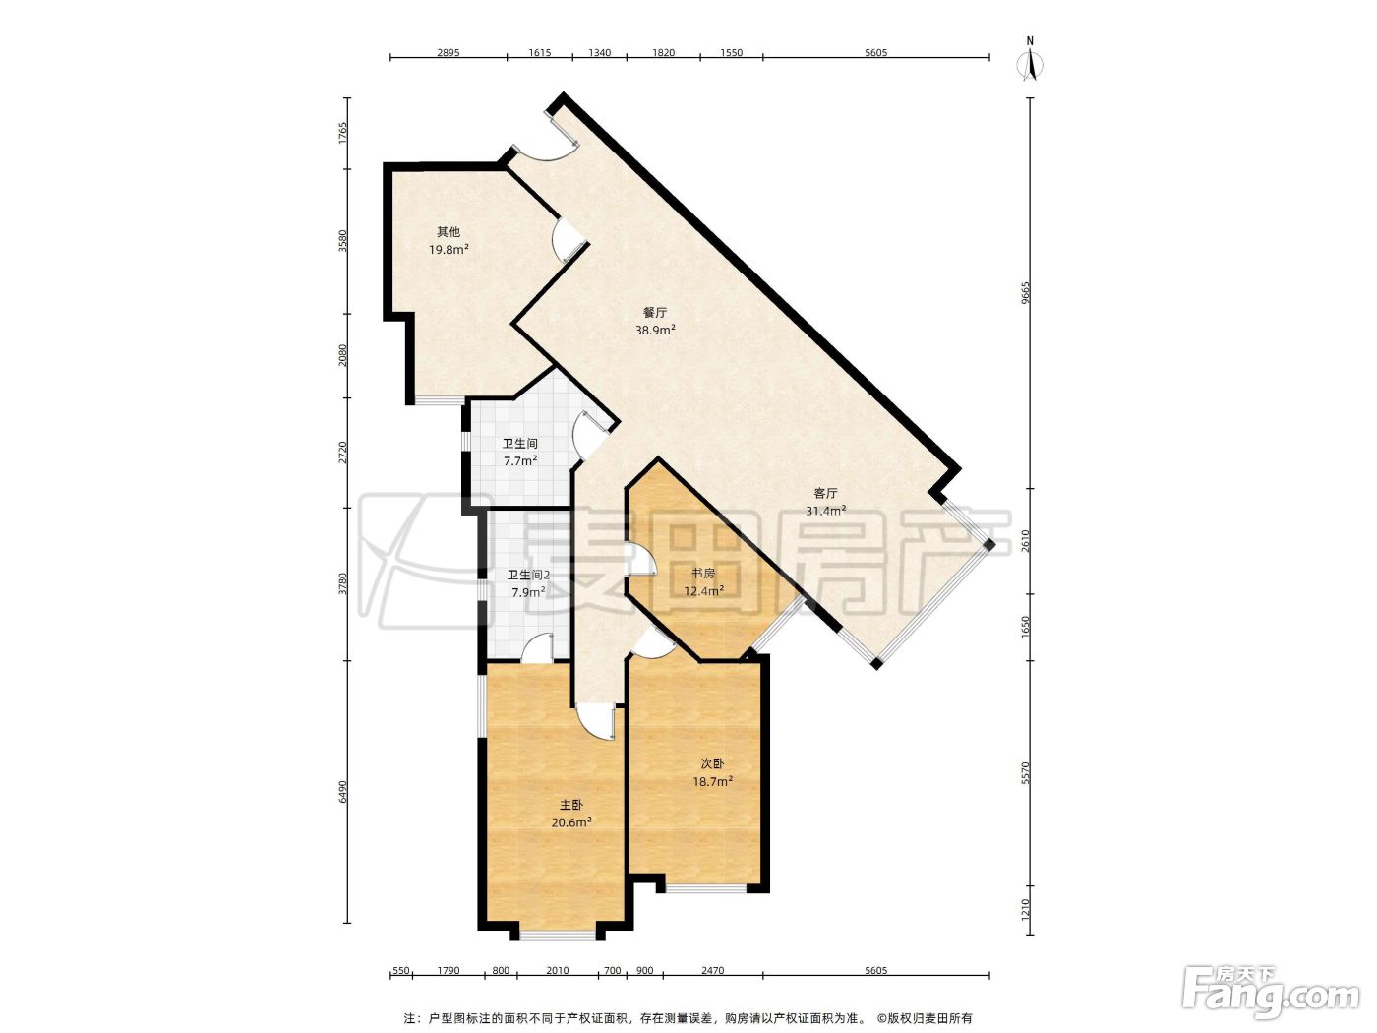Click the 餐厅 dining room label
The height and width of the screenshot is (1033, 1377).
655,312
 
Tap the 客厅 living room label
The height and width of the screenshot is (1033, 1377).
825,494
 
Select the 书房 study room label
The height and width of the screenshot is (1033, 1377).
703,574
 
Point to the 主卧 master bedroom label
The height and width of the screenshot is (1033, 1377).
571,805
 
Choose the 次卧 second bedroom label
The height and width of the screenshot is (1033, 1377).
713,764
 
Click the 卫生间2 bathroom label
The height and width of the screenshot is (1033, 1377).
528,575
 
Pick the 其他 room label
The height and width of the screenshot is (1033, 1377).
449,232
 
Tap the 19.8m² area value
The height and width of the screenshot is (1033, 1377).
449,250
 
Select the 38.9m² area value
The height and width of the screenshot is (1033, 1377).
655,330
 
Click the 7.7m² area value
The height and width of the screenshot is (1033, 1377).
520,461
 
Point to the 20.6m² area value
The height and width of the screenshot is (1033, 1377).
571,822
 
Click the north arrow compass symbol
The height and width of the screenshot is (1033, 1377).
1030,60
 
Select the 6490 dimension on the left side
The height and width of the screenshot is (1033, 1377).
342,792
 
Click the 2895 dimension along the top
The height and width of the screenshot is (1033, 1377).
448,53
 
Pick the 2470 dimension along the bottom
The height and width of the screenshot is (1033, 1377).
713,970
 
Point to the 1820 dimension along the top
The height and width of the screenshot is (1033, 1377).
663,53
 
